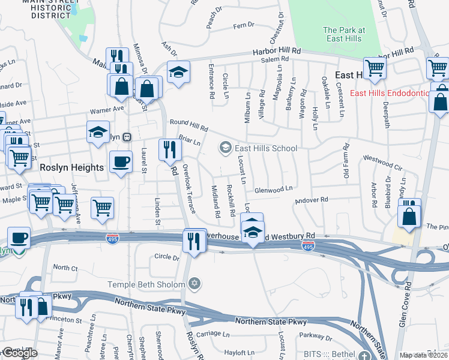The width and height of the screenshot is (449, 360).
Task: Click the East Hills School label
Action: pyautogui.click(x=266, y=148)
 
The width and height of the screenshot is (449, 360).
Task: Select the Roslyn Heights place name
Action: pyautogui.click(x=71, y=168)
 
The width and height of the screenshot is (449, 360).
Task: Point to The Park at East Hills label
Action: pyautogui.click(x=343, y=34)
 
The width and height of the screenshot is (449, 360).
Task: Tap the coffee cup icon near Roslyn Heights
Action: pyautogui.click(x=121, y=161)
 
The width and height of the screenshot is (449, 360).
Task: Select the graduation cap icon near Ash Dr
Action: pyautogui.click(x=178, y=72)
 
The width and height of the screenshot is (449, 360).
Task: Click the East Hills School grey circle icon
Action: pyautogui.click(x=226, y=148)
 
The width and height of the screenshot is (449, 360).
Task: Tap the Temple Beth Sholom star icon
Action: pyautogui.click(x=194, y=283)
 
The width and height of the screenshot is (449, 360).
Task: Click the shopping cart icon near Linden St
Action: pyautogui.click(x=103, y=207)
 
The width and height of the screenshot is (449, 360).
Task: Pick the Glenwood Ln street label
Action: pyautogui.click(x=273, y=190)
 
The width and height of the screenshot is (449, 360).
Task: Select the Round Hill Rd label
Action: pyautogui.click(x=188, y=125)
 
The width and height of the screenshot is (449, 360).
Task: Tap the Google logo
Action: pyautogui.click(x=20, y=353)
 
